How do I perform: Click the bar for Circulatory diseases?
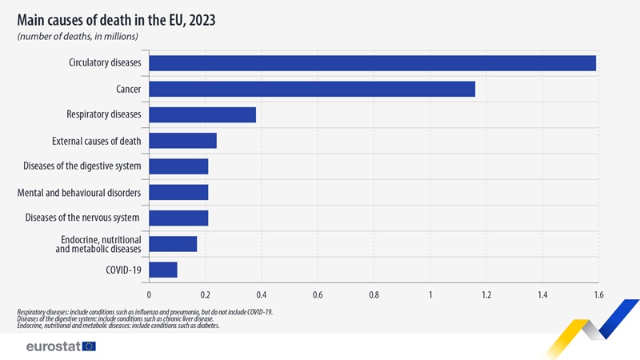point(372,63)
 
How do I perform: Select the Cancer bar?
point(312,89)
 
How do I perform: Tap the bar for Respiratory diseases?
point(202,114)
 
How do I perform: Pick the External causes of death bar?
point(182,141)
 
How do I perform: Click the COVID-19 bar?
point(163,270)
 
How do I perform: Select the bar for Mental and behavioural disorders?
point(178,192)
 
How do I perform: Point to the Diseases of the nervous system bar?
point(178,218)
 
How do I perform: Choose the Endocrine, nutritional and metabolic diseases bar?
point(173,244)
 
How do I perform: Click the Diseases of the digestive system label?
point(83,166)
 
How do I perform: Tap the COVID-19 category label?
point(123,270)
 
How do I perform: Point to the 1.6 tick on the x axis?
point(598,294)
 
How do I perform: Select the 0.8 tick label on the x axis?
point(374,294)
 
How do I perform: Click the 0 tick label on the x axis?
point(149,294)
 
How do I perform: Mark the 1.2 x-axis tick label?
point(486,294)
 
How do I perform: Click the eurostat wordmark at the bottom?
point(51,346)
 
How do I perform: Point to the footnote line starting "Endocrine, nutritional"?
point(118,326)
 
